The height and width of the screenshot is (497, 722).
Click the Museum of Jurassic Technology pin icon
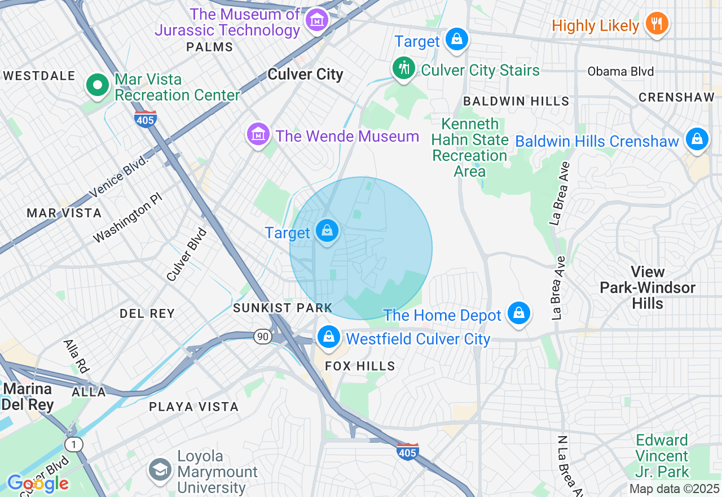(x=316, y=21)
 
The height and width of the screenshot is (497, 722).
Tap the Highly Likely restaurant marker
(x=656, y=24)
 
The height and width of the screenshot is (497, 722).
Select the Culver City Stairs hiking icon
(x=403, y=68)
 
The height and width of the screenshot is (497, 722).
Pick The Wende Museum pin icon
(x=258, y=134)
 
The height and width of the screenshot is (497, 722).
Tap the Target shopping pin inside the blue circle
(x=327, y=230)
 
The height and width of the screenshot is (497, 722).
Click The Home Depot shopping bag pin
(x=518, y=313)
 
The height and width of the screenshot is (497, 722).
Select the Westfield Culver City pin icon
(x=328, y=337)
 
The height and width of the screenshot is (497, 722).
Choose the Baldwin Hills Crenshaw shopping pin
(x=697, y=138)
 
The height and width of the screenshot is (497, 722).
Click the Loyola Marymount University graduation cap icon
(x=160, y=469)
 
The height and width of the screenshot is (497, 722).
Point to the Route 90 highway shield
(x=262, y=336)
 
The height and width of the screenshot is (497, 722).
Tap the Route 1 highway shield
(x=73, y=444)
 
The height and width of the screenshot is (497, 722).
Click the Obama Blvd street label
(x=620, y=72)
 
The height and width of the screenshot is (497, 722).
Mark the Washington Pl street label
(x=127, y=220)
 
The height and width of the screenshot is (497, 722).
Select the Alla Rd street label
(x=76, y=356)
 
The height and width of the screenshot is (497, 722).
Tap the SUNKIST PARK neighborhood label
(x=283, y=308)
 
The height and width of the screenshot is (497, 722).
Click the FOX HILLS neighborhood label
(x=360, y=367)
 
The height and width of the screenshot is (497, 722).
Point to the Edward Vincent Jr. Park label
(x=662, y=456)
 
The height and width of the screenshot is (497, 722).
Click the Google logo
(x=38, y=483)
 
